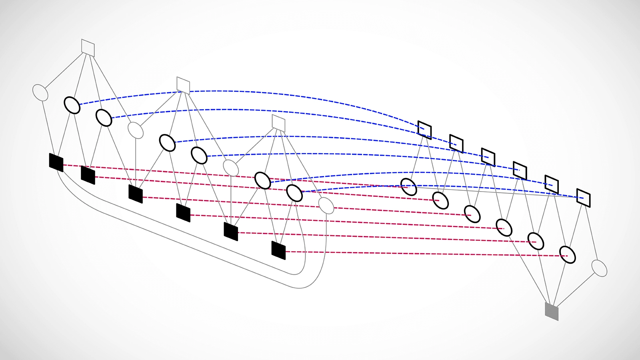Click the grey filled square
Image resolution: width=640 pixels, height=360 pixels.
pyautogui.click(x=552, y=311)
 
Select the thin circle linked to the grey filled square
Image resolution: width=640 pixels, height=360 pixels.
pyautogui.click(x=599, y=268)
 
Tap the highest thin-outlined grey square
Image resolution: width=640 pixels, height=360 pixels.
pyautogui.click(x=88, y=48)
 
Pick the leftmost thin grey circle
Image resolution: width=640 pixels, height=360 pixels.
pyautogui.click(x=40, y=92)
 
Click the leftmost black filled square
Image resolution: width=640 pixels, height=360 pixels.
pyautogui.click(x=56, y=162)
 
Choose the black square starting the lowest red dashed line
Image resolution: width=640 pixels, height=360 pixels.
pyautogui.click(x=278, y=250)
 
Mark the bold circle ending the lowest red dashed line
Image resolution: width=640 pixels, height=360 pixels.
pyautogui.click(x=567, y=255)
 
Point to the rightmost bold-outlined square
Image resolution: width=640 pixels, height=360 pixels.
pyautogui.click(x=583, y=198)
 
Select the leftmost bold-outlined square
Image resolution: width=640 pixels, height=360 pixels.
pyautogui.click(x=424, y=130)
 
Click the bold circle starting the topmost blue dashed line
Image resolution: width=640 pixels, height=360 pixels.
pyautogui.click(x=72, y=105)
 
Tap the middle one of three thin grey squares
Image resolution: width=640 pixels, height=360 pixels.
pyautogui.click(x=183, y=85)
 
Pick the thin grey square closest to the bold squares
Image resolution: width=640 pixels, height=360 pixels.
pyautogui.click(x=278, y=123)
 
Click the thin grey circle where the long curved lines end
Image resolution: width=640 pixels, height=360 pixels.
pyautogui.click(x=326, y=205)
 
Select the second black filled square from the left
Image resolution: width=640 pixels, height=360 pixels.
pyautogui.click(x=88, y=175)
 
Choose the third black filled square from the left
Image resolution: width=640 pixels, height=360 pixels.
pyautogui.click(x=136, y=194)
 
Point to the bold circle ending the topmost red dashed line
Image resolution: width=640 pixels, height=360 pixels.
pyautogui.click(x=408, y=187)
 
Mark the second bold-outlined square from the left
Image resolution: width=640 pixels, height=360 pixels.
pyautogui.click(x=456, y=144)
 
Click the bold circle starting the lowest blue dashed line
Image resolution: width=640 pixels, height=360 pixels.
pyautogui.click(x=294, y=193)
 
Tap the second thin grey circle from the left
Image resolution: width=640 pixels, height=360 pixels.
pyautogui.click(x=136, y=130)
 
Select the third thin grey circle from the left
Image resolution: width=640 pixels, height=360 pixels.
pyautogui.click(x=231, y=168)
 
